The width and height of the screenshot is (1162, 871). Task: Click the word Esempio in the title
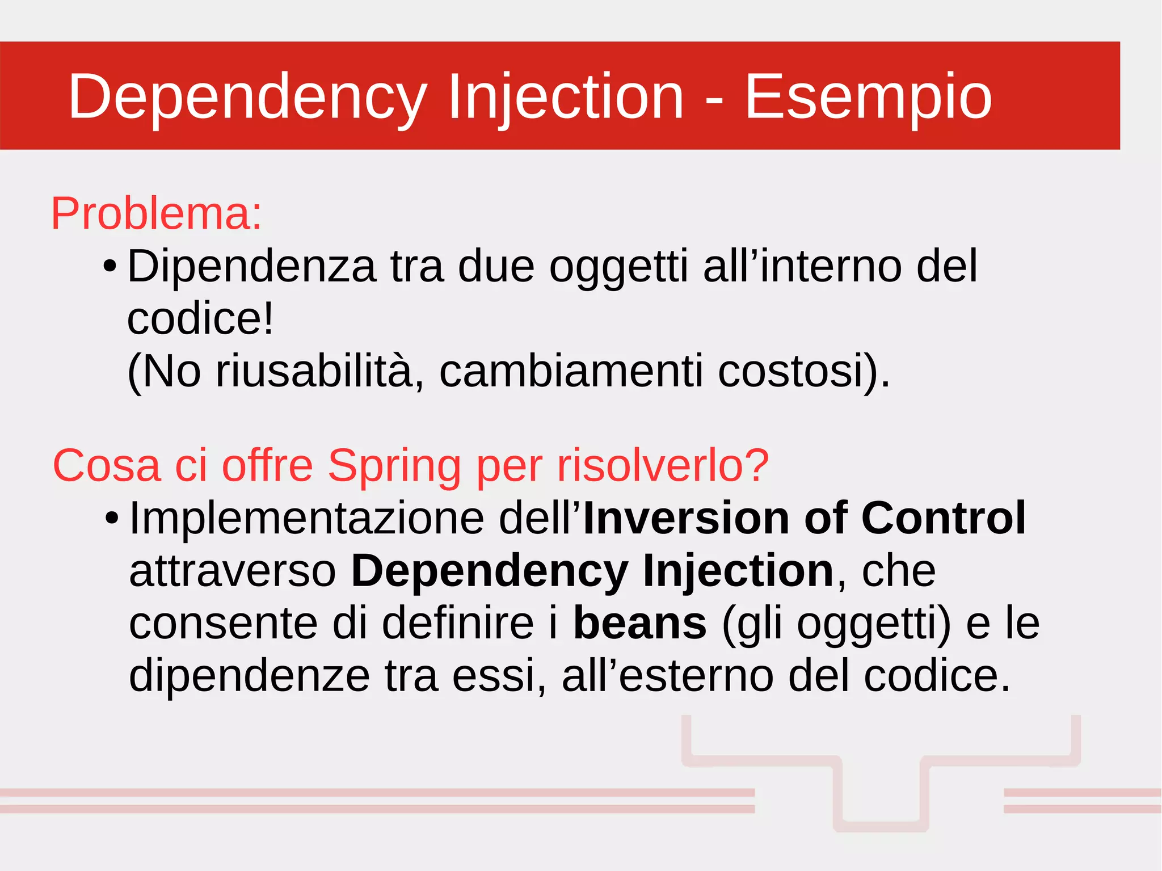coord(868,96)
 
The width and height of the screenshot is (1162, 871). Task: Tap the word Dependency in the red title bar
coord(247,96)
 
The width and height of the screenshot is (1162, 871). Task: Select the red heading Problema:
coord(157,214)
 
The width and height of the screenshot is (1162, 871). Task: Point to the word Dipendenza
coord(251,266)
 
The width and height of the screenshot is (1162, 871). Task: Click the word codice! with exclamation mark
coord(200,319)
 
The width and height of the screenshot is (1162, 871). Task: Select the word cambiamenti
coord(571,371)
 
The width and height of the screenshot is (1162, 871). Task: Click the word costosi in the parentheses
coord(791,371)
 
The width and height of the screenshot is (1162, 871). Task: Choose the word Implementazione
coord(306,519)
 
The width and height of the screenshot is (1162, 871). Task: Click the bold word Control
coord(943,519)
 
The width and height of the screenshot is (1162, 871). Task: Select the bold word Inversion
coord(687,519)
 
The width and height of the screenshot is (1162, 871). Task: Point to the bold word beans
coord(640,624)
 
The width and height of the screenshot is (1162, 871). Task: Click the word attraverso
coord(233,571)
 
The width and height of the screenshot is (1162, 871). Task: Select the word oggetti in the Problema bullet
coord(618,267)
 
